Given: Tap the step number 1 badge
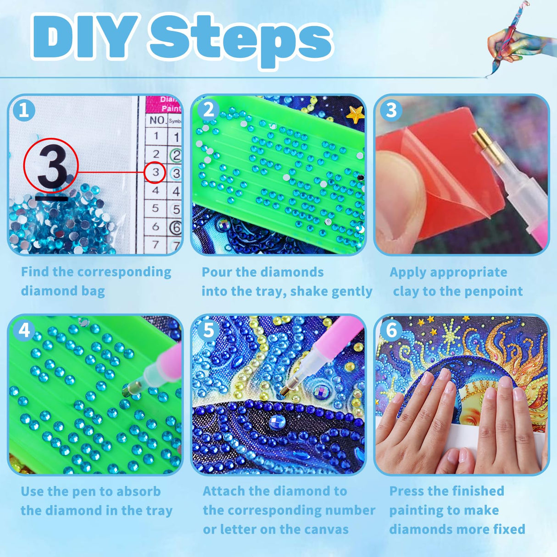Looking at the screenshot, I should (x=24, y=110).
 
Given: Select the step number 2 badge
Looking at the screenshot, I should (x=208, y=110).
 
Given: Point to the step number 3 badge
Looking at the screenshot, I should (x=391, y=110).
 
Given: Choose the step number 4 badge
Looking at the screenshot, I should (x=24, y=330).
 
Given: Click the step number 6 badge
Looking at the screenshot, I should (x=391, y=330).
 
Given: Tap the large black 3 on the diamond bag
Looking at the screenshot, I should (x=51, y=166).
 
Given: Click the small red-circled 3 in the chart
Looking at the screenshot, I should (x=155, y=173).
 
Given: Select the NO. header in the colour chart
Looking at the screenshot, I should (x=157, y=120).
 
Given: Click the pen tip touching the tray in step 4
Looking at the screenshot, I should (x=127, y=390).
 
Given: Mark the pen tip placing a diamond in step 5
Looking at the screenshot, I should (x=285, y=391).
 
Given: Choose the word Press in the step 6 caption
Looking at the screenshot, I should (x=406, y=491).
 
